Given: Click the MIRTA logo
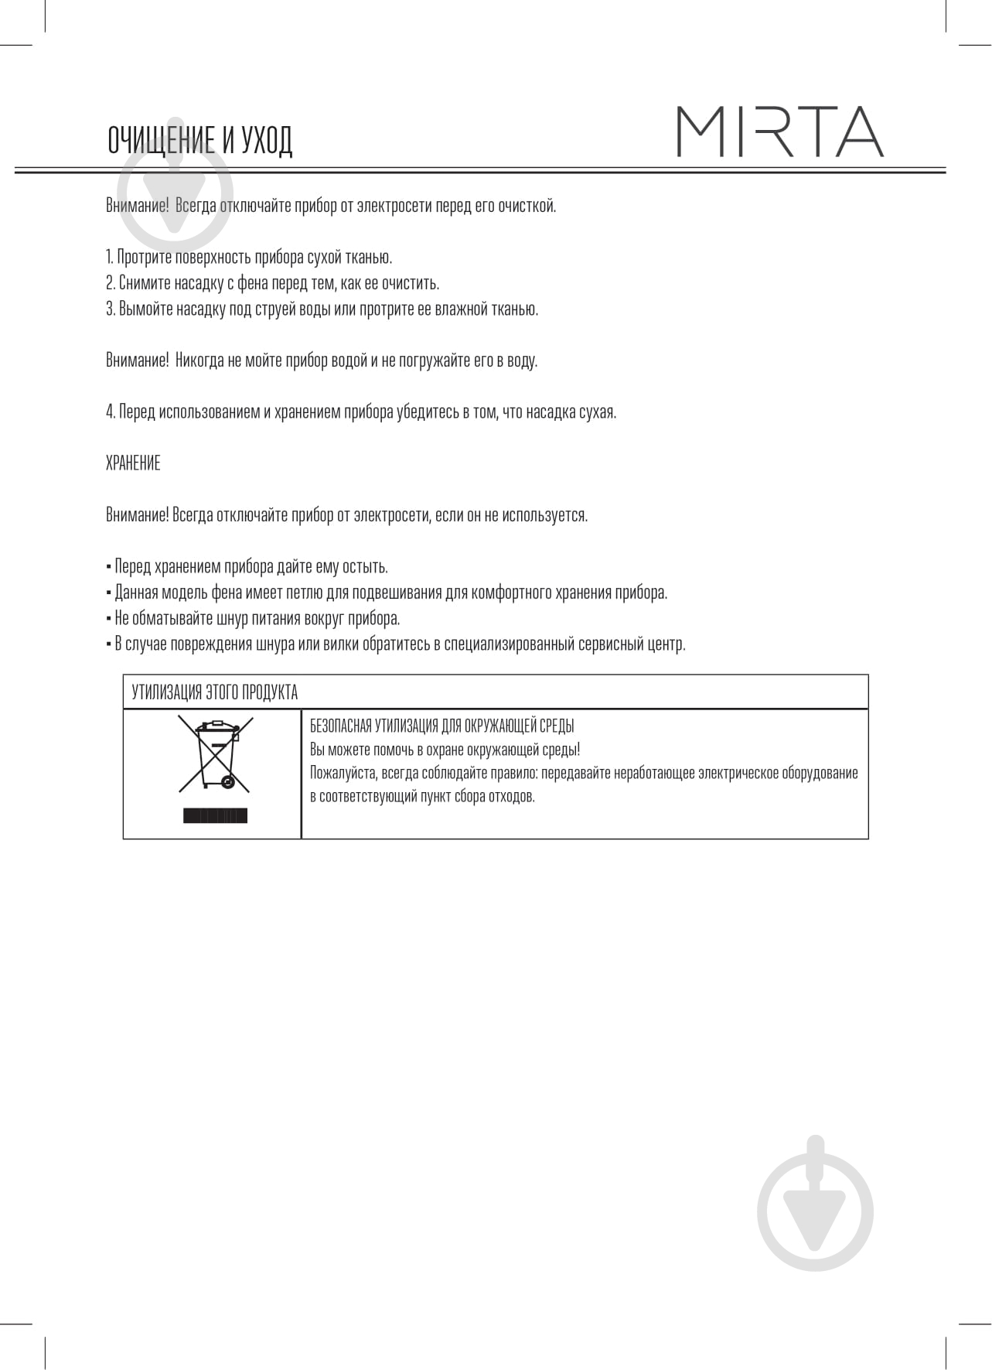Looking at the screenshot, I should point(779,132).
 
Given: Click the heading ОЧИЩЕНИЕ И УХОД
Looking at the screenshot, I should point(200,141).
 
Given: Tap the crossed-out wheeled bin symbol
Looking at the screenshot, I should point(216,753).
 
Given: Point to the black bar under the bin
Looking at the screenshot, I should point(216,815).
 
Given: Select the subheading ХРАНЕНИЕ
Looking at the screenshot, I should point(133,463).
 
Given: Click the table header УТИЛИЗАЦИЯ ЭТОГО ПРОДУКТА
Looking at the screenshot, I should point(215,692).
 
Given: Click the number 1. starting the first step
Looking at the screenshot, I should point(109,257).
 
